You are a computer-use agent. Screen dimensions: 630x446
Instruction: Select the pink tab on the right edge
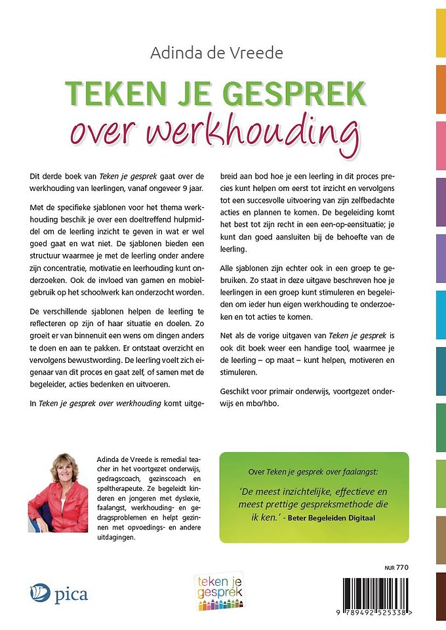441,144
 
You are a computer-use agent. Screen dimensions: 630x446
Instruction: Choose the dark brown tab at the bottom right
441,596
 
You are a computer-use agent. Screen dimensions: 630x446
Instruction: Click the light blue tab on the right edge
441,312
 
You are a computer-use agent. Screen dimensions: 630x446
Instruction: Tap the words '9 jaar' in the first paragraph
194,190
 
